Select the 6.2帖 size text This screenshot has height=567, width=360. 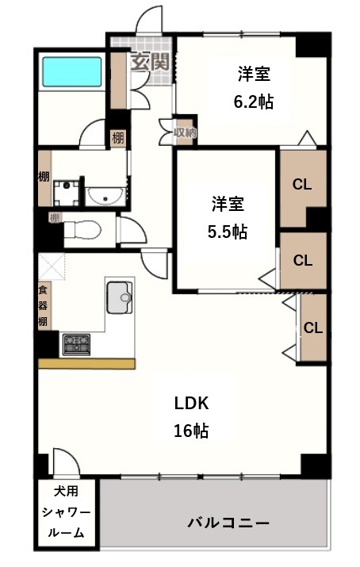click(253, 102)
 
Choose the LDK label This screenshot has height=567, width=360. click(191, 403)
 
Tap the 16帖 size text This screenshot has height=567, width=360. click(191, 431)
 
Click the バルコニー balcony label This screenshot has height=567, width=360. click(228, 523)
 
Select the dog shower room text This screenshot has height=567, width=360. click(66, 511)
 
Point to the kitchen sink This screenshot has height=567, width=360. click(120, 297)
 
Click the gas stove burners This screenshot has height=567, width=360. click(76, 344)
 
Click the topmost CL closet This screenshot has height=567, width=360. click(301, 185)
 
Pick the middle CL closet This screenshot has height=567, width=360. click(301, 260)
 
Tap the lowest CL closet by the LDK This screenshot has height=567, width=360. click(313, 328)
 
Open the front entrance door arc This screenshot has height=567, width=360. click(149, 20)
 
